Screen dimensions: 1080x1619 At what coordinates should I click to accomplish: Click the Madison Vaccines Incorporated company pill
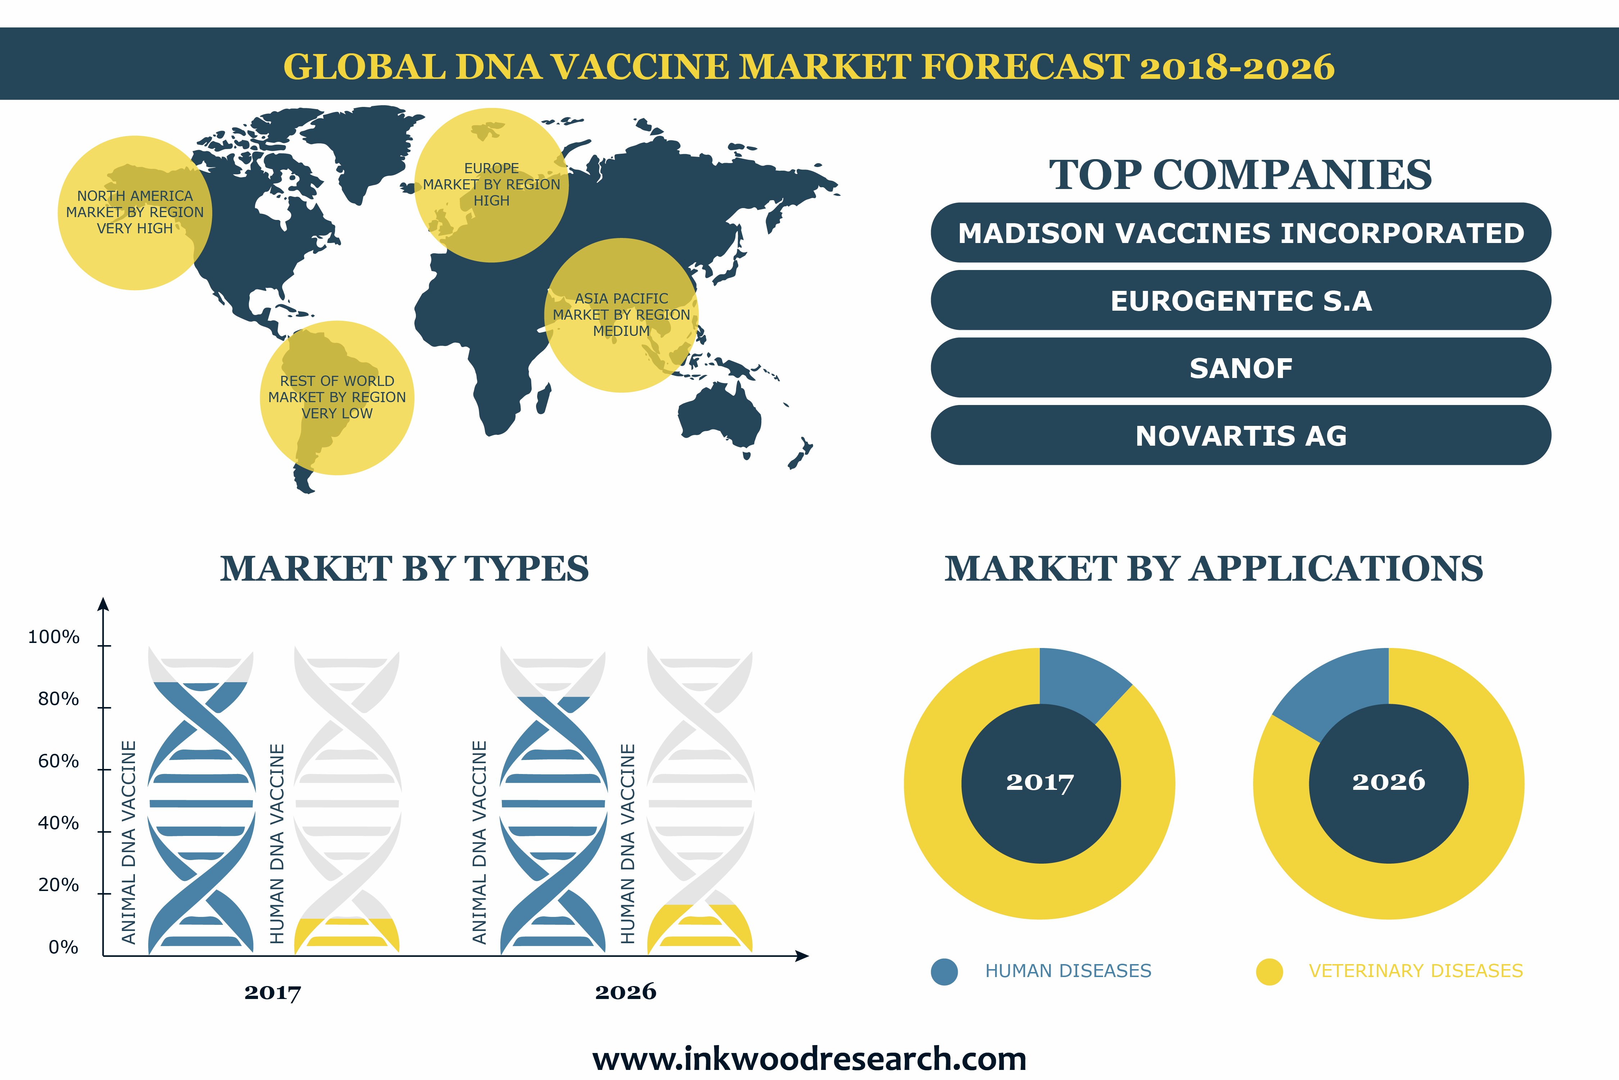pos(1241,233)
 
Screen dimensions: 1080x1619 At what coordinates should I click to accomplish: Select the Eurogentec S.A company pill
pos(1241,300)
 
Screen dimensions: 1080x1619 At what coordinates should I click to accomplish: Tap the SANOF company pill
pos(1241,368)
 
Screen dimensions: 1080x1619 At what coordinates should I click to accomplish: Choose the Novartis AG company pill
pos(1241,435)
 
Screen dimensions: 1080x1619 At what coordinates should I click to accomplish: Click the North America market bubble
pos(135,213)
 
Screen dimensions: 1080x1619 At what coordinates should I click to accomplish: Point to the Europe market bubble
pos(491,185)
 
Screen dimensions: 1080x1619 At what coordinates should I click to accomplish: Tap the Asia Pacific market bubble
pos(621,315)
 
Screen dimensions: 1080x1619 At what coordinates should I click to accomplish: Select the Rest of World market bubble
pos(337,397)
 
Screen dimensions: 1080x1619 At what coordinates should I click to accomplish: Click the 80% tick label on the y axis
pos(59,699)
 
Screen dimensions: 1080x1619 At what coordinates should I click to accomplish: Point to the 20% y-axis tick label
pos(59,885)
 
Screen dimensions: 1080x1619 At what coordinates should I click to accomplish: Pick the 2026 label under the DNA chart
pos(625,992)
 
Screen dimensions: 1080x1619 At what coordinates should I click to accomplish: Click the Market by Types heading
pos(404,569)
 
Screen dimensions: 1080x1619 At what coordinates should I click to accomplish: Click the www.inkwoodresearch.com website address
pos(809,1059)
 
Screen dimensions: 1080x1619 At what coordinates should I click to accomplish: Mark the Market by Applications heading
pos(1214,569)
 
